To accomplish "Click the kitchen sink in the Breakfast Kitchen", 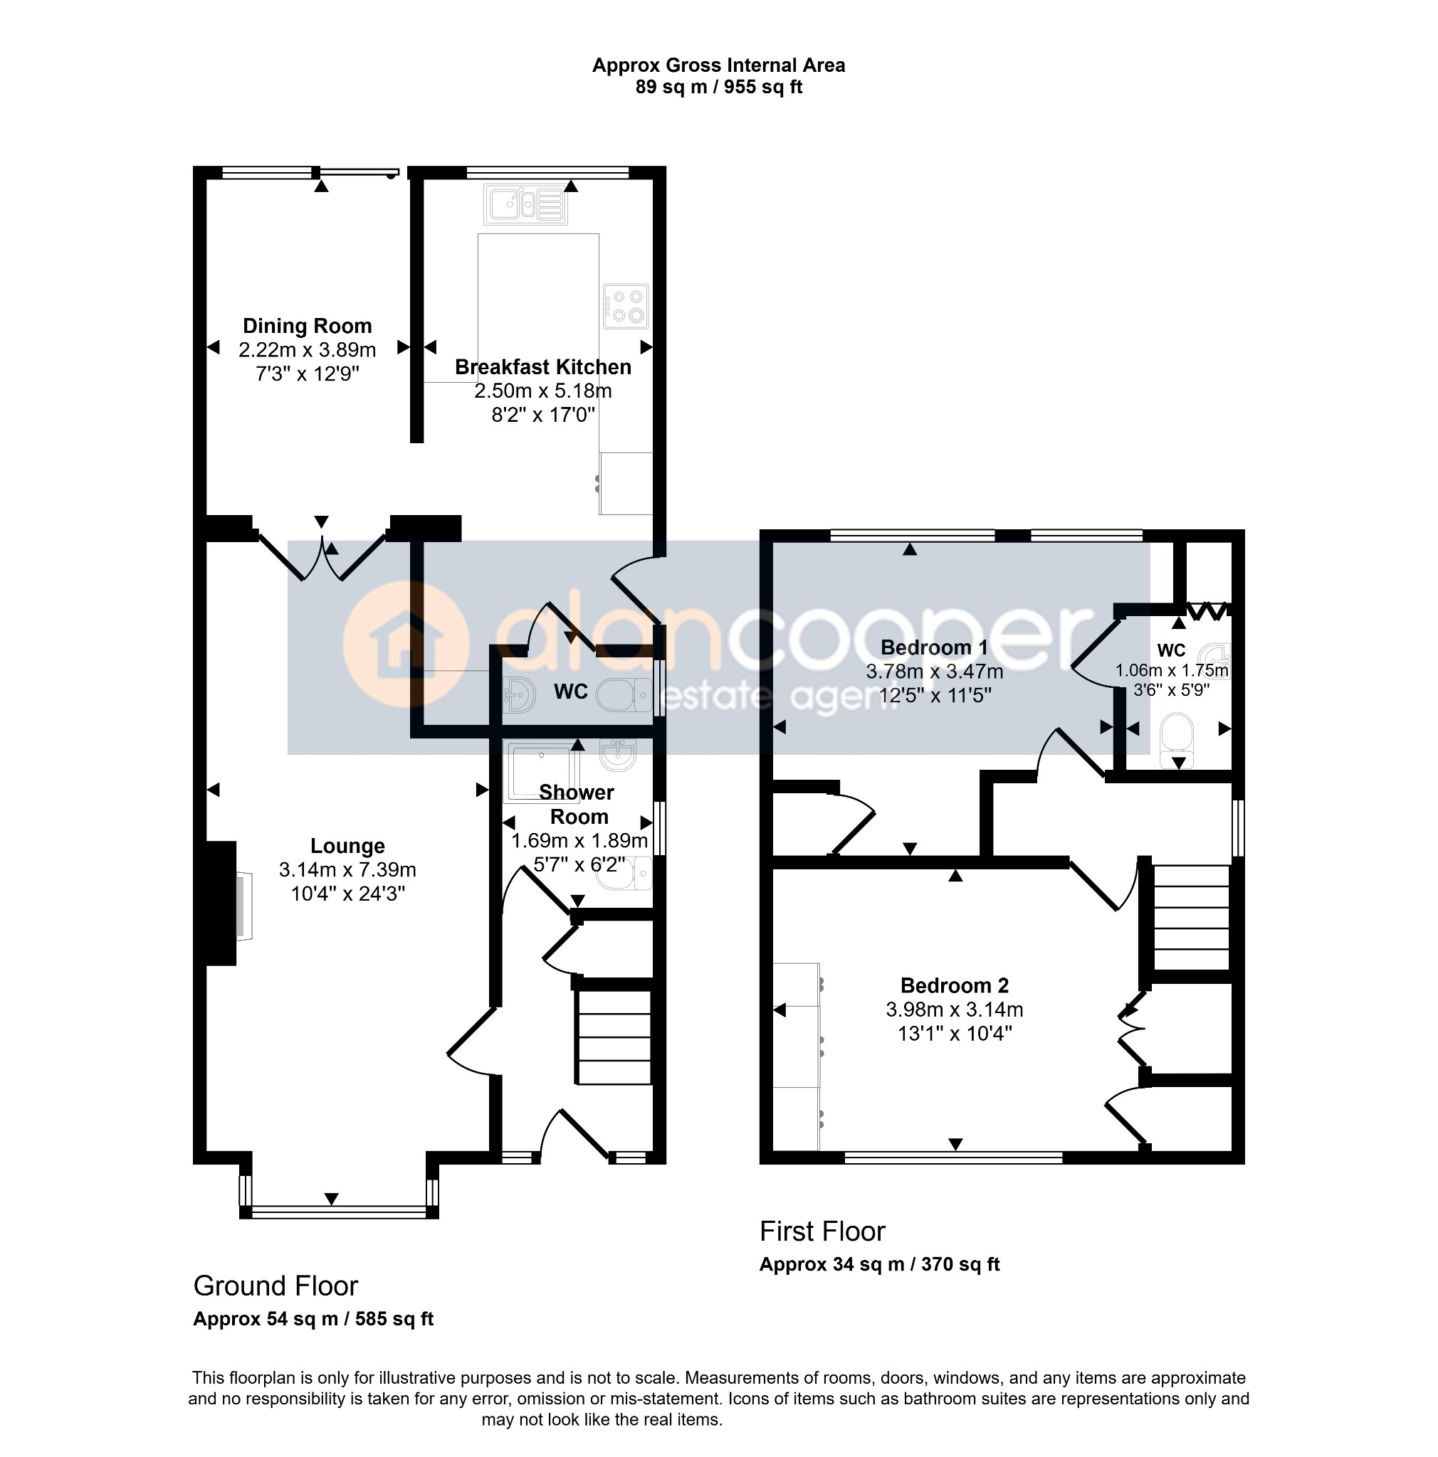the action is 525,203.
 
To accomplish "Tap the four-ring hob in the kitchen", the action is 625,305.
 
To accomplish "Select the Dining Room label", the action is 307,326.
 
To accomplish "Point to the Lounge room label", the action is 347,846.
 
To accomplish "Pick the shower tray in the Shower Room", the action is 541,770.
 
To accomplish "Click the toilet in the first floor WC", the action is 1176,741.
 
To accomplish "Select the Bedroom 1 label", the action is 933,647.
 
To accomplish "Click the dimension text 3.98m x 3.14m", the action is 955,1009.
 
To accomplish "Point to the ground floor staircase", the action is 613,1037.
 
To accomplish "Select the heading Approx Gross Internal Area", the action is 718,65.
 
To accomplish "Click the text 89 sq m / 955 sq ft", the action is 718,88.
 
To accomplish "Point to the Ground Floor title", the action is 275,1285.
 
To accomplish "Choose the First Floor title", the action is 822,1231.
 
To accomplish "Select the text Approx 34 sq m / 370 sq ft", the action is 879,1265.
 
